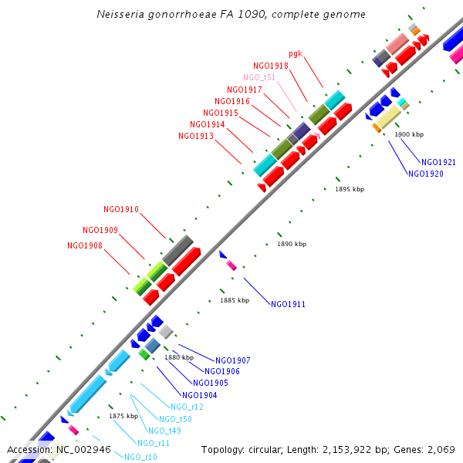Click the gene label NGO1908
85,245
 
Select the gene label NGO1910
121,209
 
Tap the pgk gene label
296,53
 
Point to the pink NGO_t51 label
259,77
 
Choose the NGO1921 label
438,162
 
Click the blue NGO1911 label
288,304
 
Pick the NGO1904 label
200,394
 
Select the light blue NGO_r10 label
140,457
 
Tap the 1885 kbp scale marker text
235,300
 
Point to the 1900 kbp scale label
409,134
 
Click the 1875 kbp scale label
123,416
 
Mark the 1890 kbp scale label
292,244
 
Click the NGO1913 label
196,136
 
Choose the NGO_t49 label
164,431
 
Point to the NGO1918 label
271,66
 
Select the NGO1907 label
233,360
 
